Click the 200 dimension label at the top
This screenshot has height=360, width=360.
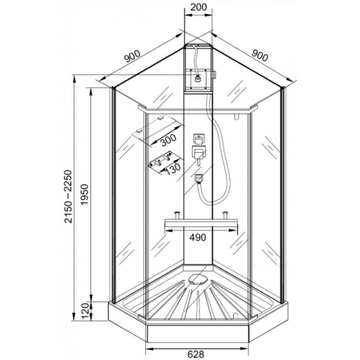point(198,7)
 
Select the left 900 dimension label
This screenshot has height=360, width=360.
point(132,57)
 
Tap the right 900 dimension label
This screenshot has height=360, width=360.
point(260,55)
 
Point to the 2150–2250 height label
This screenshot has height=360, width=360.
point(68,196)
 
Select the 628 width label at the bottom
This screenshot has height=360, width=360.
point(196,354)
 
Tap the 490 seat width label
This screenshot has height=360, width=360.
point(198,238)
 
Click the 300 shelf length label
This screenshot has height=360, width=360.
point(168,140)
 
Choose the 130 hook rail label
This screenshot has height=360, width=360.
point(173,169)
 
